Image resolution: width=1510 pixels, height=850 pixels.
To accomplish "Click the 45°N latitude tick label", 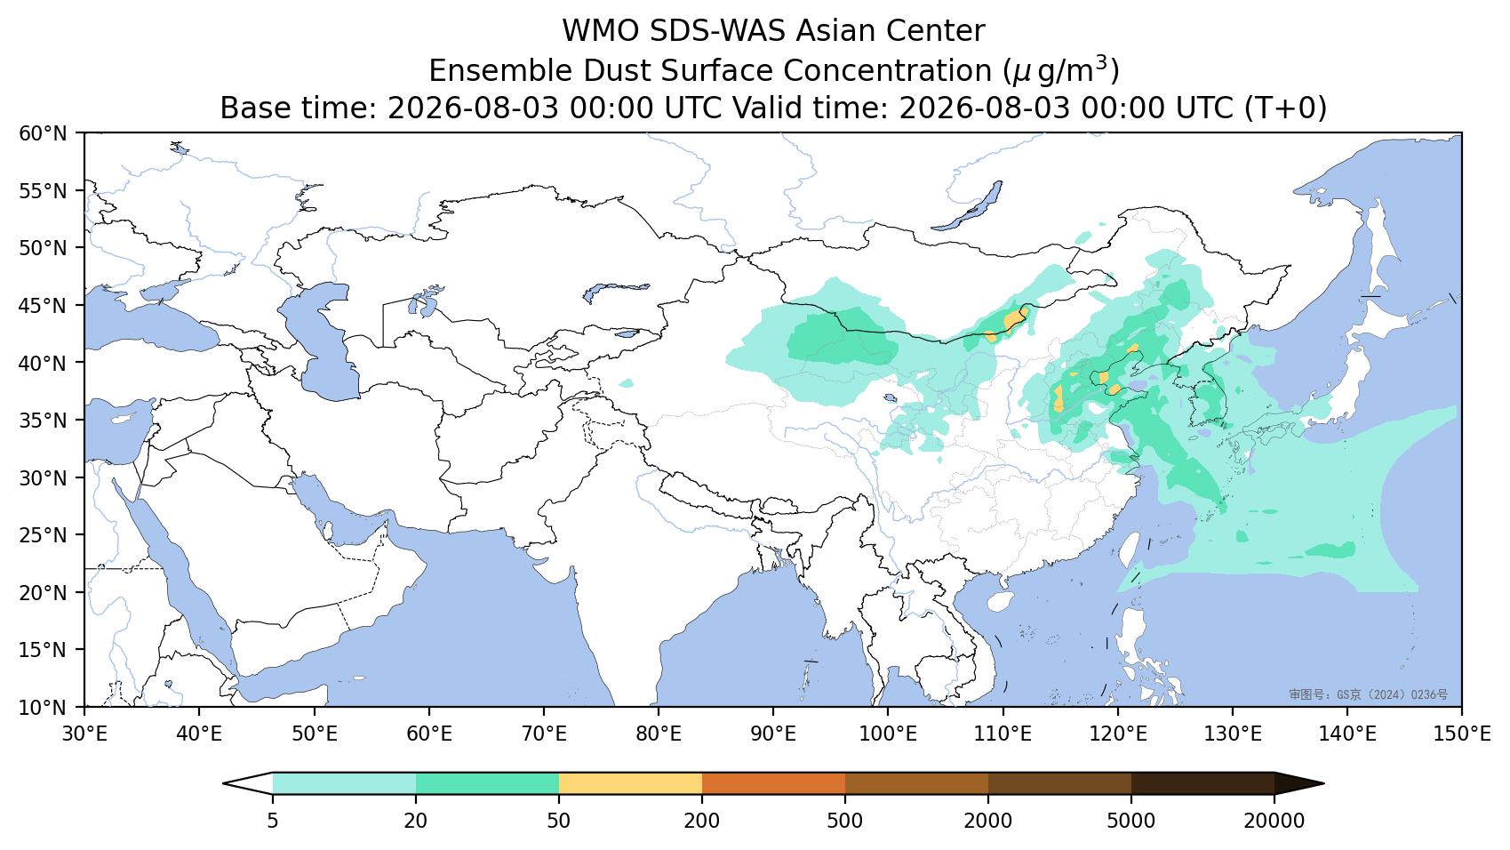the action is click(43, 306).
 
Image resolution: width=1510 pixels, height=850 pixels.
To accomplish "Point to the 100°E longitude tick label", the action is click(888, 734).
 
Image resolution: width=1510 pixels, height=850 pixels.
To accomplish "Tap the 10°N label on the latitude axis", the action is click(43, 708).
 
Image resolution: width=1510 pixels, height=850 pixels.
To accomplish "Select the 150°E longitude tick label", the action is click(1461, 734).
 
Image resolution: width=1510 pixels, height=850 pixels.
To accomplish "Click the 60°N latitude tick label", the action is click(43, 133).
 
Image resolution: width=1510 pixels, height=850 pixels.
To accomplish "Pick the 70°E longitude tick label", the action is click(543, 734).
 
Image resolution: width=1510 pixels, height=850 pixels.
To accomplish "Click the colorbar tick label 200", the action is click(702, 821).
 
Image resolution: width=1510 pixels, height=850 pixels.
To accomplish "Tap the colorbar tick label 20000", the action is click(1274, 821).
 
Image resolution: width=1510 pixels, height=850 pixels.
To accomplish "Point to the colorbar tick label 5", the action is click(272, 821).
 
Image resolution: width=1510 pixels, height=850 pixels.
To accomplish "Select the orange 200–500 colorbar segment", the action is click(773, 783).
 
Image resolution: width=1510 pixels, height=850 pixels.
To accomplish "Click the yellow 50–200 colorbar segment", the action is click(630, 783).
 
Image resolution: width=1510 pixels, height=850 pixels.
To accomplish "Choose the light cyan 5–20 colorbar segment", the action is click(344, 783).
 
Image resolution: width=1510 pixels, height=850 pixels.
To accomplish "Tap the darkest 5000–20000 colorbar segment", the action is click(1202, 783).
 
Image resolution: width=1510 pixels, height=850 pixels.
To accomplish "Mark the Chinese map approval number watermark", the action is click(1368, 694).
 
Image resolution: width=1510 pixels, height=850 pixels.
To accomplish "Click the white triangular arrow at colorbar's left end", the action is click(247, 783).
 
